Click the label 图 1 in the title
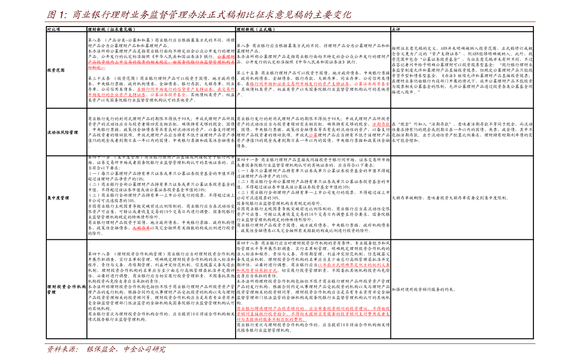(56, 15)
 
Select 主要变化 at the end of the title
(333, 15)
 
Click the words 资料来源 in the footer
(62, 349)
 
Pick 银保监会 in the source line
(101, 349)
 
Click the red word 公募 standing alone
(313, 135)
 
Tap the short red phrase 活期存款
(381, 124)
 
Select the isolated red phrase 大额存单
(141, 228)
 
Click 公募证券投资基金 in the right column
(372, 84)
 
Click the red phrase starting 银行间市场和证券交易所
(299, 84)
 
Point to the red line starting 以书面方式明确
(353, 265)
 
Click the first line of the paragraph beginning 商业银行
(313, 308)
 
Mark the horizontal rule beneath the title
(290, 22)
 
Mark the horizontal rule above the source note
(290, 343)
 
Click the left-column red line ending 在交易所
(186, 89)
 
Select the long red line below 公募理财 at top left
(161, 62)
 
